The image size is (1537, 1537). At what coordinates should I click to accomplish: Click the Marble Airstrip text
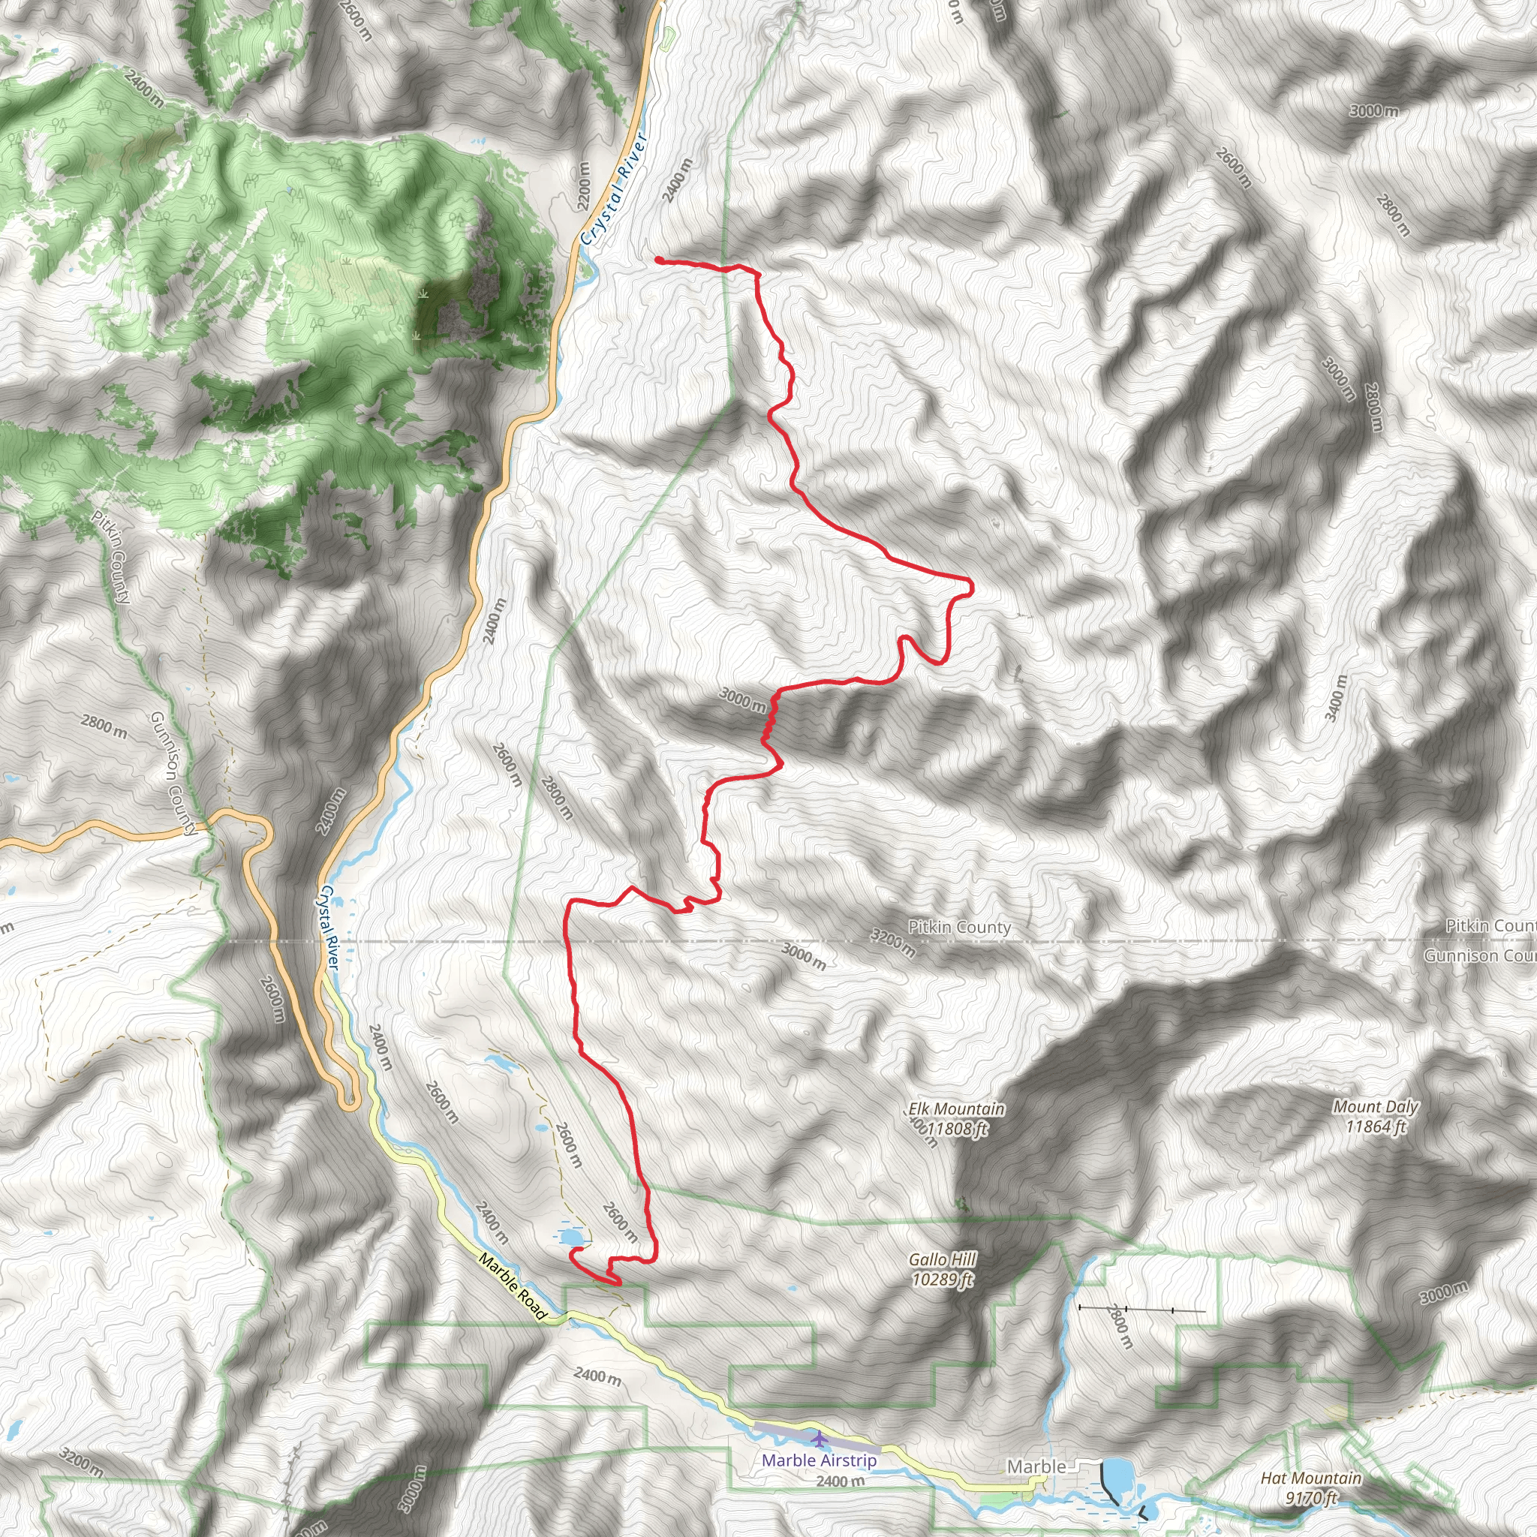819,1460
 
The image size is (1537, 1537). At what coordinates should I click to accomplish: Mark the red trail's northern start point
660,260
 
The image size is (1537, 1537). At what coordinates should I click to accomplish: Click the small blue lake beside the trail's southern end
570,1238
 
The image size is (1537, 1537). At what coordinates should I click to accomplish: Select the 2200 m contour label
584,186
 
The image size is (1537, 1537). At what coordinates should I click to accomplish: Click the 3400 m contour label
1336,698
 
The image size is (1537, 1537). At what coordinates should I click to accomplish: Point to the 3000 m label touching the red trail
743,699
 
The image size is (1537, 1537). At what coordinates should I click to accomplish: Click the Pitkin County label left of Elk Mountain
959,928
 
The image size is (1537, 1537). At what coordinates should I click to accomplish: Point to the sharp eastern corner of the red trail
970,587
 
